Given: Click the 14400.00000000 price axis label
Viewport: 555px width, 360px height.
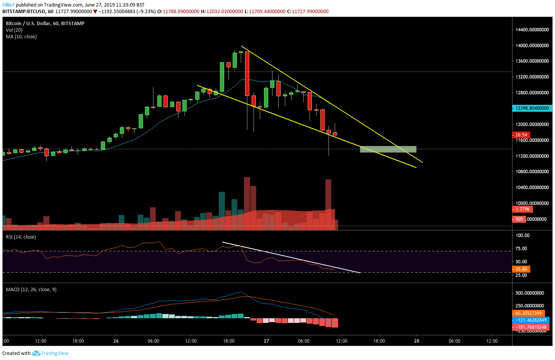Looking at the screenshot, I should tap(532, 30).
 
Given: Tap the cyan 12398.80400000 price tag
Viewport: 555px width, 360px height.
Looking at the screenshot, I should tap(532, 108).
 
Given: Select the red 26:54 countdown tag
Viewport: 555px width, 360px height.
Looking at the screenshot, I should tap(521, 135).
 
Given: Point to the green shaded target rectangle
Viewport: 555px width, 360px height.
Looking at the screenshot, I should tap(388, 149).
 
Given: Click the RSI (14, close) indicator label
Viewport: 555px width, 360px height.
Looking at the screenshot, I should tap(21, 237).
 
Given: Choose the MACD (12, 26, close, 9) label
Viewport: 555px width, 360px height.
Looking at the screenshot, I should tap(31, 290).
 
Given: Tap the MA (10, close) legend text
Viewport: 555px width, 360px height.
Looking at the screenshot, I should tap(21, 37).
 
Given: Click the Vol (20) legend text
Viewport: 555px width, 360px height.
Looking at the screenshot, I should tap(14, 30).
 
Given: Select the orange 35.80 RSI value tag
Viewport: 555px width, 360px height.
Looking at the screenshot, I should tap(521, 269).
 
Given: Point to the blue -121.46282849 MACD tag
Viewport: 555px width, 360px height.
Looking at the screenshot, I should tap(531, 320).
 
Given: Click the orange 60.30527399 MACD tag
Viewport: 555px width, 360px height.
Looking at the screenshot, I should tap(528, 313).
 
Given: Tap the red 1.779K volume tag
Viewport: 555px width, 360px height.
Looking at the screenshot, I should tap(523, 209).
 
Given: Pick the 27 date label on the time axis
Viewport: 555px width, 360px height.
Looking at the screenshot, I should tap(266, 341).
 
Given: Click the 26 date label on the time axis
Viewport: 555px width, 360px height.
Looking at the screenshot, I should tap(116, 341).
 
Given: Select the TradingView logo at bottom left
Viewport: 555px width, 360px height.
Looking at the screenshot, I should tap(50, 353).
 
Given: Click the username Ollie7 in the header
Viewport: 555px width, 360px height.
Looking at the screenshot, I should tap(8, 5).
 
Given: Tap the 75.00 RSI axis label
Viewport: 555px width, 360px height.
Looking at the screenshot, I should tap(521, 249).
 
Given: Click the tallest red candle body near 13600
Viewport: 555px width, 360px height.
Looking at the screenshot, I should tap(247, 73).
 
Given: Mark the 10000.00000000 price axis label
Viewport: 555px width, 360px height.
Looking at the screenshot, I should tap(532, 203).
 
